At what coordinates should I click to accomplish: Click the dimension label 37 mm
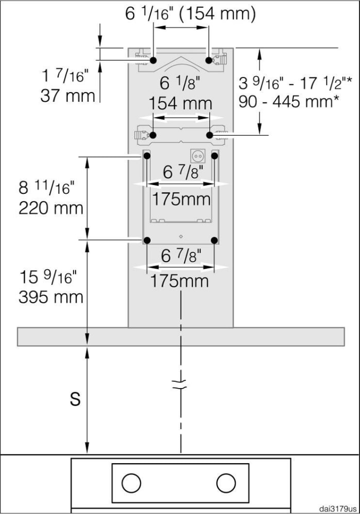click(x=67, y=96)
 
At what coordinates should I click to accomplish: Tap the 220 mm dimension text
click(x=51, y=208)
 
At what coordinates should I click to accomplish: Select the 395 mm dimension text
click(x=51, y=297)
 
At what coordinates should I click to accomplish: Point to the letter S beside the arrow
click(x=75, y=399)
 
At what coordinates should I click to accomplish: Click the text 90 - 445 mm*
click(x=289, y=100)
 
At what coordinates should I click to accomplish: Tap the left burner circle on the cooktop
click(x=131, y=483)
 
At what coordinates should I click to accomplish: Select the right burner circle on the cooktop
click(x=226, y=483)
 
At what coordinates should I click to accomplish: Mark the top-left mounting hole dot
click(x=153, y=60)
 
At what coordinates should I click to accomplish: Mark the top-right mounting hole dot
click(x=209, y=60)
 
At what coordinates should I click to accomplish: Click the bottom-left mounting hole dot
click(x=147, y=240)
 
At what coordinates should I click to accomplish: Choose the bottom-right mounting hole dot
click(x=215, y=240)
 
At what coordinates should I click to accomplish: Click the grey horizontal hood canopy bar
click(x=181, y=336)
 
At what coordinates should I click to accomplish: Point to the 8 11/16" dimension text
click(x=47, y=188)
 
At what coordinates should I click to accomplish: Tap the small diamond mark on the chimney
click(x=181, y=236)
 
